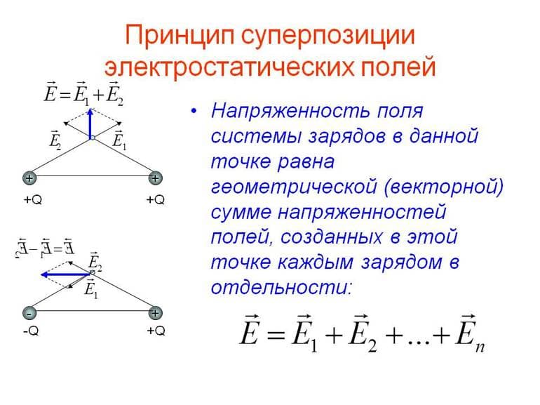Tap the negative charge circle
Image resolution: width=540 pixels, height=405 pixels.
point(29,313)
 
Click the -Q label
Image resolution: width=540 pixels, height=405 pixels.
point(30,331)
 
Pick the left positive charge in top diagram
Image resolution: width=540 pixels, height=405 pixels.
point(29,178)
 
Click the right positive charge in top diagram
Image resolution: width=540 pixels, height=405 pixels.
point(155,178)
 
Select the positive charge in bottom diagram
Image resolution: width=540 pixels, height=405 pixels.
point(155,313)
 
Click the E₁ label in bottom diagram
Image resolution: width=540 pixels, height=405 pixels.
point(90,289)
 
